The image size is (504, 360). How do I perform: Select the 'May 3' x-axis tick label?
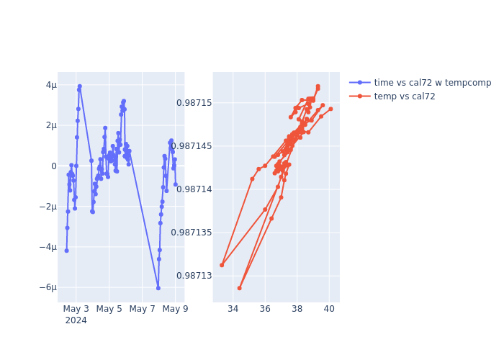[76, 310]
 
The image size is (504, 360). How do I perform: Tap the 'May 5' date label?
[109, 310]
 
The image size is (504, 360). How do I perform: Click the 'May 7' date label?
[143, 310]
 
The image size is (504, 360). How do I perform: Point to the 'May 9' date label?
[176, 310]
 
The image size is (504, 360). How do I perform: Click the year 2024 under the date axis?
[76, 321]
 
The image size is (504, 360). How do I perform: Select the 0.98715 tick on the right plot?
[194, 103]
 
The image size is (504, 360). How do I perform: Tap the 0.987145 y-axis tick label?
[192, 146]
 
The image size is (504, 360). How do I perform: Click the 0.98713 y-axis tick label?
[194, 276]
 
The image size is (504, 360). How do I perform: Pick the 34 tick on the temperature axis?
[233, 310]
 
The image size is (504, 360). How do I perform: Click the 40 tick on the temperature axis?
[329, 310]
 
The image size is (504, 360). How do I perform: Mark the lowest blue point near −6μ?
[158, 288]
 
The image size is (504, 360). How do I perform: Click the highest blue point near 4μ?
[80, 86]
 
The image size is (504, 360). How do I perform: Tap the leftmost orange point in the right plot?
[222, 265]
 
